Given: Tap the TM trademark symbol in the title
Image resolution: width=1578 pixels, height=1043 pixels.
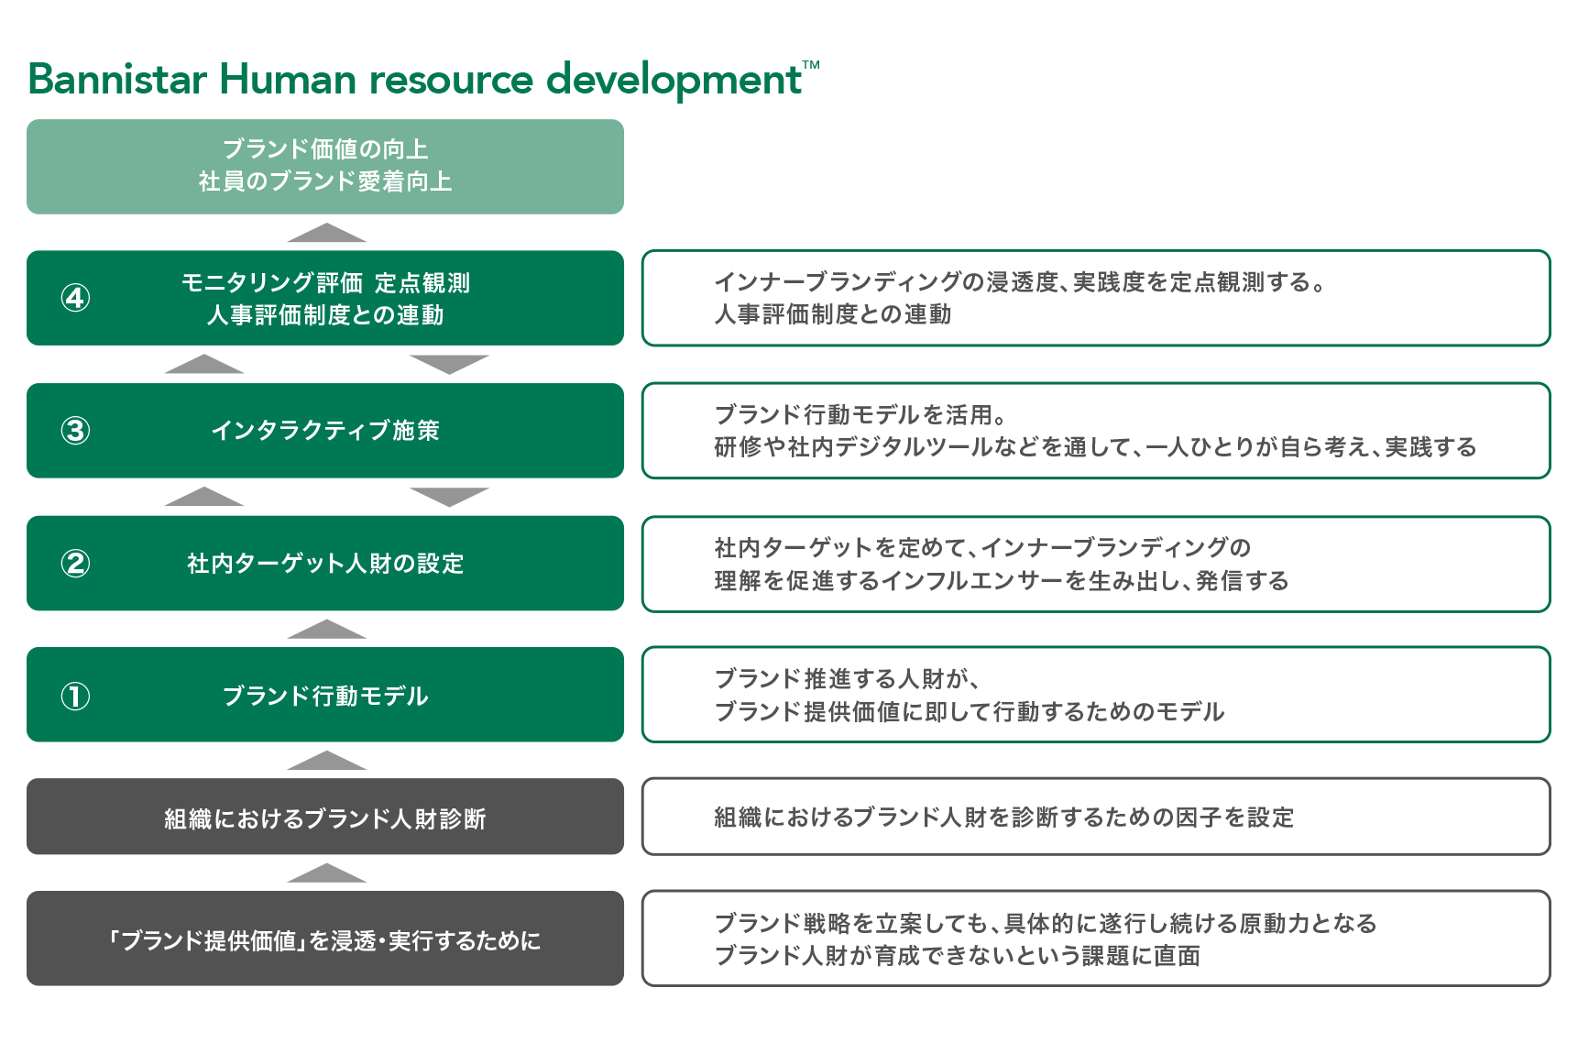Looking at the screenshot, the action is (811, 64).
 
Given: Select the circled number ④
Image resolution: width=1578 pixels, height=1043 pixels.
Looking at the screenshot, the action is (75, 298).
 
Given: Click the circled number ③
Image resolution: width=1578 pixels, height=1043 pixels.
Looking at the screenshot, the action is (75, 431).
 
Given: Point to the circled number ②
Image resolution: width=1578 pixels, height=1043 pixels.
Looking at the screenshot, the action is (75, 564).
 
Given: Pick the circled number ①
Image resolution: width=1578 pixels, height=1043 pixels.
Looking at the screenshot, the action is (75, 697).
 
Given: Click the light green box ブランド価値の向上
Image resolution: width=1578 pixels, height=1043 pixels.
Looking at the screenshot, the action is (325, 167).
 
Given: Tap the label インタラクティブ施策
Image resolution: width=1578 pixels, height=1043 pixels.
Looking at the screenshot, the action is (325, 431).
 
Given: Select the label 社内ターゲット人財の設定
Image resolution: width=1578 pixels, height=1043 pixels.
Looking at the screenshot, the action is (325, 564).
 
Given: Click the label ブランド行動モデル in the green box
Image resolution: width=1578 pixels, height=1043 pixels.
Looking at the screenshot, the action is (325, 697).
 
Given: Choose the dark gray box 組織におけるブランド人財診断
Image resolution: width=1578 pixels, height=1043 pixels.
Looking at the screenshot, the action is (325, 817).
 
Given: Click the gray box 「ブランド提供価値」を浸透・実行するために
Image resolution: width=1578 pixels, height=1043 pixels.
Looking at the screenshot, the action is (325, 939).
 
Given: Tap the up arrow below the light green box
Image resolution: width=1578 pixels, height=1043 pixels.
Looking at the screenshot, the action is (326, 233).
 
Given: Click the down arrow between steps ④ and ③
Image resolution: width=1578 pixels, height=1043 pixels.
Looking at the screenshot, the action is (449, 365).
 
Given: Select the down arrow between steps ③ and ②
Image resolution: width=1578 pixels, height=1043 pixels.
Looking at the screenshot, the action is (449, 497).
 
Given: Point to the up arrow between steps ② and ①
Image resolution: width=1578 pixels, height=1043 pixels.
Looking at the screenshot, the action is (326, 630).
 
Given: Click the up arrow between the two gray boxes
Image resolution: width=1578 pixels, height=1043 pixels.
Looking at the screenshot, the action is (326, 873).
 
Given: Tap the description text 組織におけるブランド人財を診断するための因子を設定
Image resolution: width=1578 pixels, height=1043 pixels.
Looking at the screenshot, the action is (1003, 818).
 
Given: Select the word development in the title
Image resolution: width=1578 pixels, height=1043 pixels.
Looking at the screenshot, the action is (674, 81).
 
